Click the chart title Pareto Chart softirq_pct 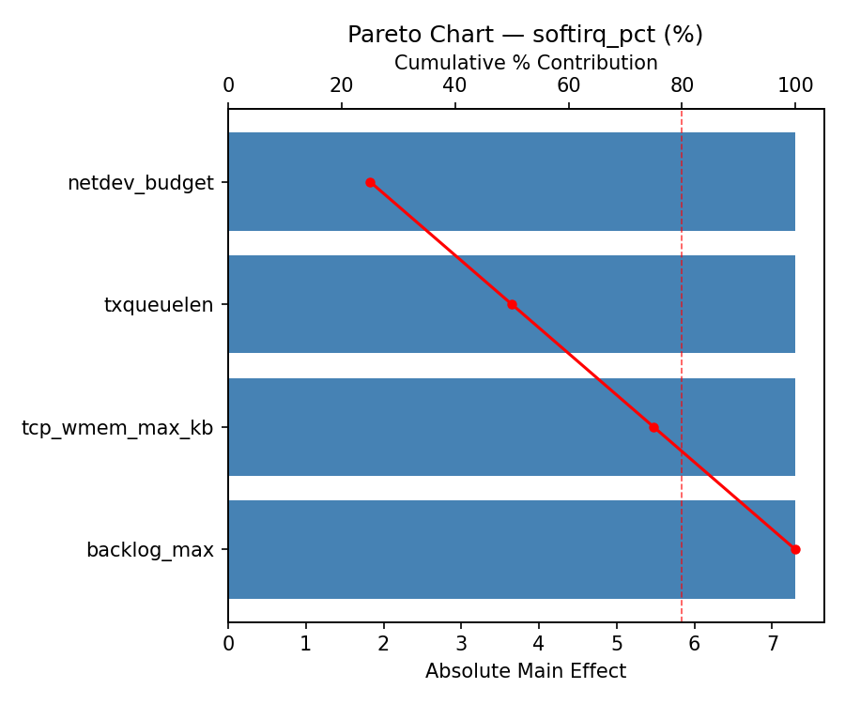pos(525,35)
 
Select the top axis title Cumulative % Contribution pos(525,63)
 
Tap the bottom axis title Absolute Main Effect pos(525,671)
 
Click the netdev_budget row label pos(141,183)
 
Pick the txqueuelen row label pos(159,305)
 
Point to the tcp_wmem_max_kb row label pos(117,428)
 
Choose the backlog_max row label pos(150,550)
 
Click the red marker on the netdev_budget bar pos(370,182)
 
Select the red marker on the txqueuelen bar pos(512,304)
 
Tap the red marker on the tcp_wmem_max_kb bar pos(653,427)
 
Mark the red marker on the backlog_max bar pos(795,549)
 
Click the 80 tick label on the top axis pos(682,85)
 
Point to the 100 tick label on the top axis pos(795,85)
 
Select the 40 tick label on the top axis pos(454,85)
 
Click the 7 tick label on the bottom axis pos(772,644)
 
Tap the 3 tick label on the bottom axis pos(461,644)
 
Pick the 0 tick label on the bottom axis pos(228,644)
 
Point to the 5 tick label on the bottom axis pos(617,644)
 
